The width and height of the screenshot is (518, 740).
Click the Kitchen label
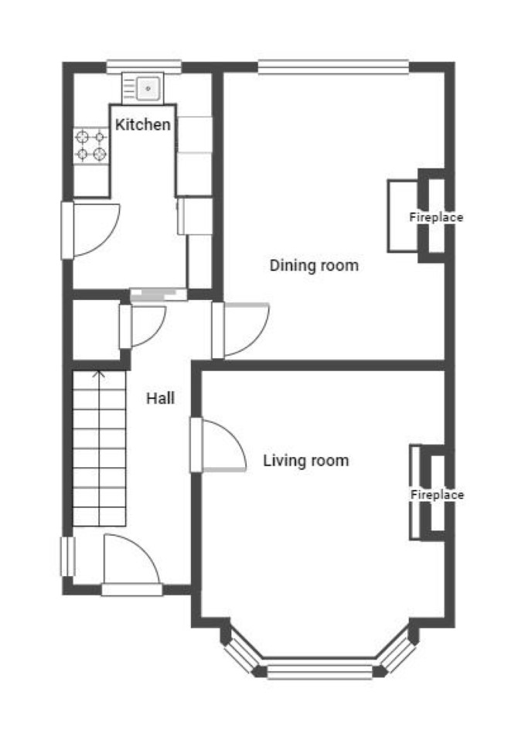(x=142, y=124)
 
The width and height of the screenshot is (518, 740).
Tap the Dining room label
(x=314, y=265)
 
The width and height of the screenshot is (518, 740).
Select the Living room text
(x=305, y=461)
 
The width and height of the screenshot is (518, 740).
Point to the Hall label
(x=160, y=398)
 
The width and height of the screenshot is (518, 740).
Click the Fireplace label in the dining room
(x=436, y=217)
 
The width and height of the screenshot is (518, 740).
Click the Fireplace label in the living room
(x=437, y=495)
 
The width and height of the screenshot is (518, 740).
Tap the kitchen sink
(x=142, y=88)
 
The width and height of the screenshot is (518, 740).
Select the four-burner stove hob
(x=91, y=145)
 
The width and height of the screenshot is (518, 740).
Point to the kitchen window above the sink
(x=144, y=66)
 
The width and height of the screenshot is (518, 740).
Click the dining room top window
(x=333, y=67)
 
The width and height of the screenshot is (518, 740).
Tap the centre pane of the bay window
(x=320, y=671)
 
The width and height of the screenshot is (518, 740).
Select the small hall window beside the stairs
(x=68, y=557)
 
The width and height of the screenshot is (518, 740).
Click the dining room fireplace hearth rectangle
(x=404, y=216)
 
